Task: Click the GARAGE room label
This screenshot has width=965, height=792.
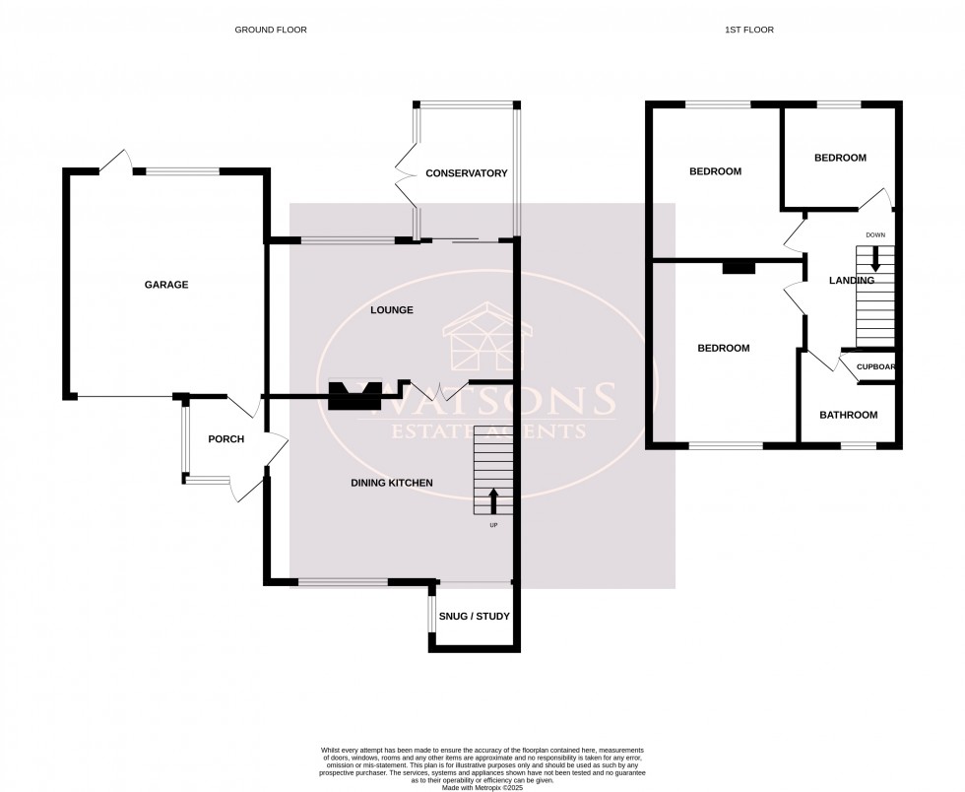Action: pyautogui.click(x=166, y=285)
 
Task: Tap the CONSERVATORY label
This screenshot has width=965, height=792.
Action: pyautogui.click(x=466, y=173)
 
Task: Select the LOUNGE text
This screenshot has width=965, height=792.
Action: pyautogui.click(x=391, y=310)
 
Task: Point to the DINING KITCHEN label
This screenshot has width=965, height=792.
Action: pyautogui.click(x=392, y=482)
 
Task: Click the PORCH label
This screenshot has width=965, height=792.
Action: pyautogui.click(x=225, y=439)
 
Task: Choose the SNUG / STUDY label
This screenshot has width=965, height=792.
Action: pyautogui.click(x=476, y=617)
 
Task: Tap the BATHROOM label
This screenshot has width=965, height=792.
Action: pyautogui.click(x=848, y=415)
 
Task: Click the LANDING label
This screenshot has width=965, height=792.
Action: pyautogui.click(x=851, y=281)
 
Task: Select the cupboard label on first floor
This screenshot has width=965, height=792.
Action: pyautogui.click(x=875, y=367)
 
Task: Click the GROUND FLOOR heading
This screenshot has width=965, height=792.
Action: pyautogui.click(x=271, y=30)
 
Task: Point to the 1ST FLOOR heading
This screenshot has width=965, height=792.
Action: pyautogui.click(x=748, y=30)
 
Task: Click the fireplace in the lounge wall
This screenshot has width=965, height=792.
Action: pyautogui.click(x=354, y=395)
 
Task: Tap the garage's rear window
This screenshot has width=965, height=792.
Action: pyautogui.click(x=183, y=171)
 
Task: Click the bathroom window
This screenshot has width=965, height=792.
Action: pyautogui.click(x=859, y=446)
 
